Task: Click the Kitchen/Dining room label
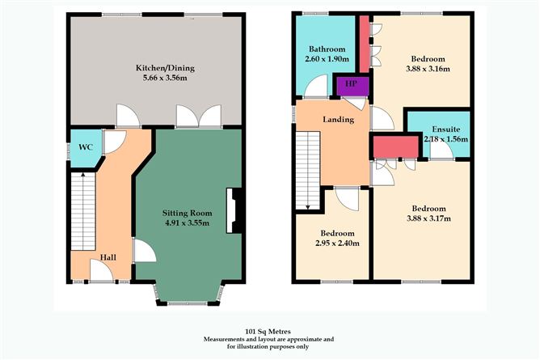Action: pos(153,69)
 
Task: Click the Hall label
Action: pos(108,257)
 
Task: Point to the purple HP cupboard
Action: pos(351,84)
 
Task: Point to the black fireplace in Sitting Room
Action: pos(232,210)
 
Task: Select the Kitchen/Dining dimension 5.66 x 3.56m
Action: pos(153,80)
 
